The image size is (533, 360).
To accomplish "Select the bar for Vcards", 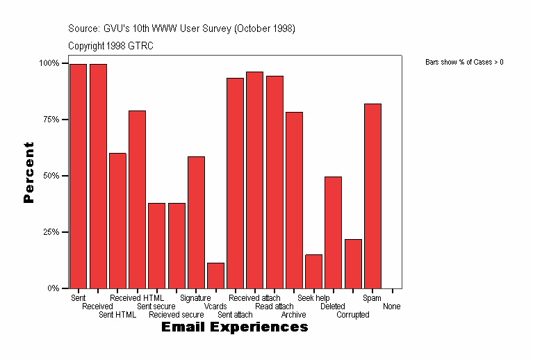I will tap(215, 275).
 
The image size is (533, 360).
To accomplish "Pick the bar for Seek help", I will tap(313, 271).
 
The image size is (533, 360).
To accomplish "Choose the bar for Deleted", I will tap(333, 232).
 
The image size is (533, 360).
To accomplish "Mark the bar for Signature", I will tap(196, 222).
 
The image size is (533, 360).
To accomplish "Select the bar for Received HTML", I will tap(137, 199).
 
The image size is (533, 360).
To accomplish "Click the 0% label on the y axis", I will tap(53, 288).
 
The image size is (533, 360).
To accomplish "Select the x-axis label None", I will tap(391, 306).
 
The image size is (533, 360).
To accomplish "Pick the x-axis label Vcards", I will tap(215, 306).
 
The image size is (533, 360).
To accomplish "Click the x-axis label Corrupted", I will tap(353, 315).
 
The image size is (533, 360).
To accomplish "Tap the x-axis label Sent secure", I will tap(156, 306).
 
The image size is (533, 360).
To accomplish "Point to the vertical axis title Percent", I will tap(28, 172).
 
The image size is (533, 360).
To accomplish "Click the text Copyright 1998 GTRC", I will tap(110, 46).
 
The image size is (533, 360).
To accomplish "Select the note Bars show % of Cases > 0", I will tap(464, 63).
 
